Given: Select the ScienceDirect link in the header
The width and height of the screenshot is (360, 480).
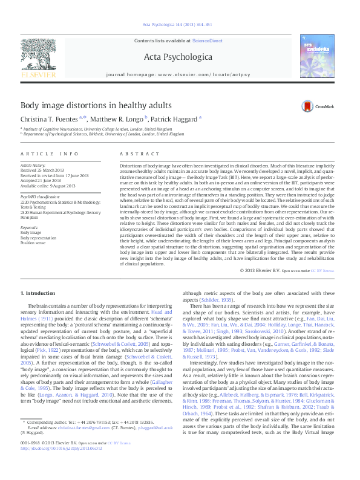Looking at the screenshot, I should tap(208, 41).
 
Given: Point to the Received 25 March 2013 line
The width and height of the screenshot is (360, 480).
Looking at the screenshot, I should tap(46, 170).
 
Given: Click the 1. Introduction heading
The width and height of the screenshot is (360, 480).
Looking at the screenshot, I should tap(38, 293).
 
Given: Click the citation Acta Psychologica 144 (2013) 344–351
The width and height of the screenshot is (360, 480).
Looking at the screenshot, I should tap(177, 25).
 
